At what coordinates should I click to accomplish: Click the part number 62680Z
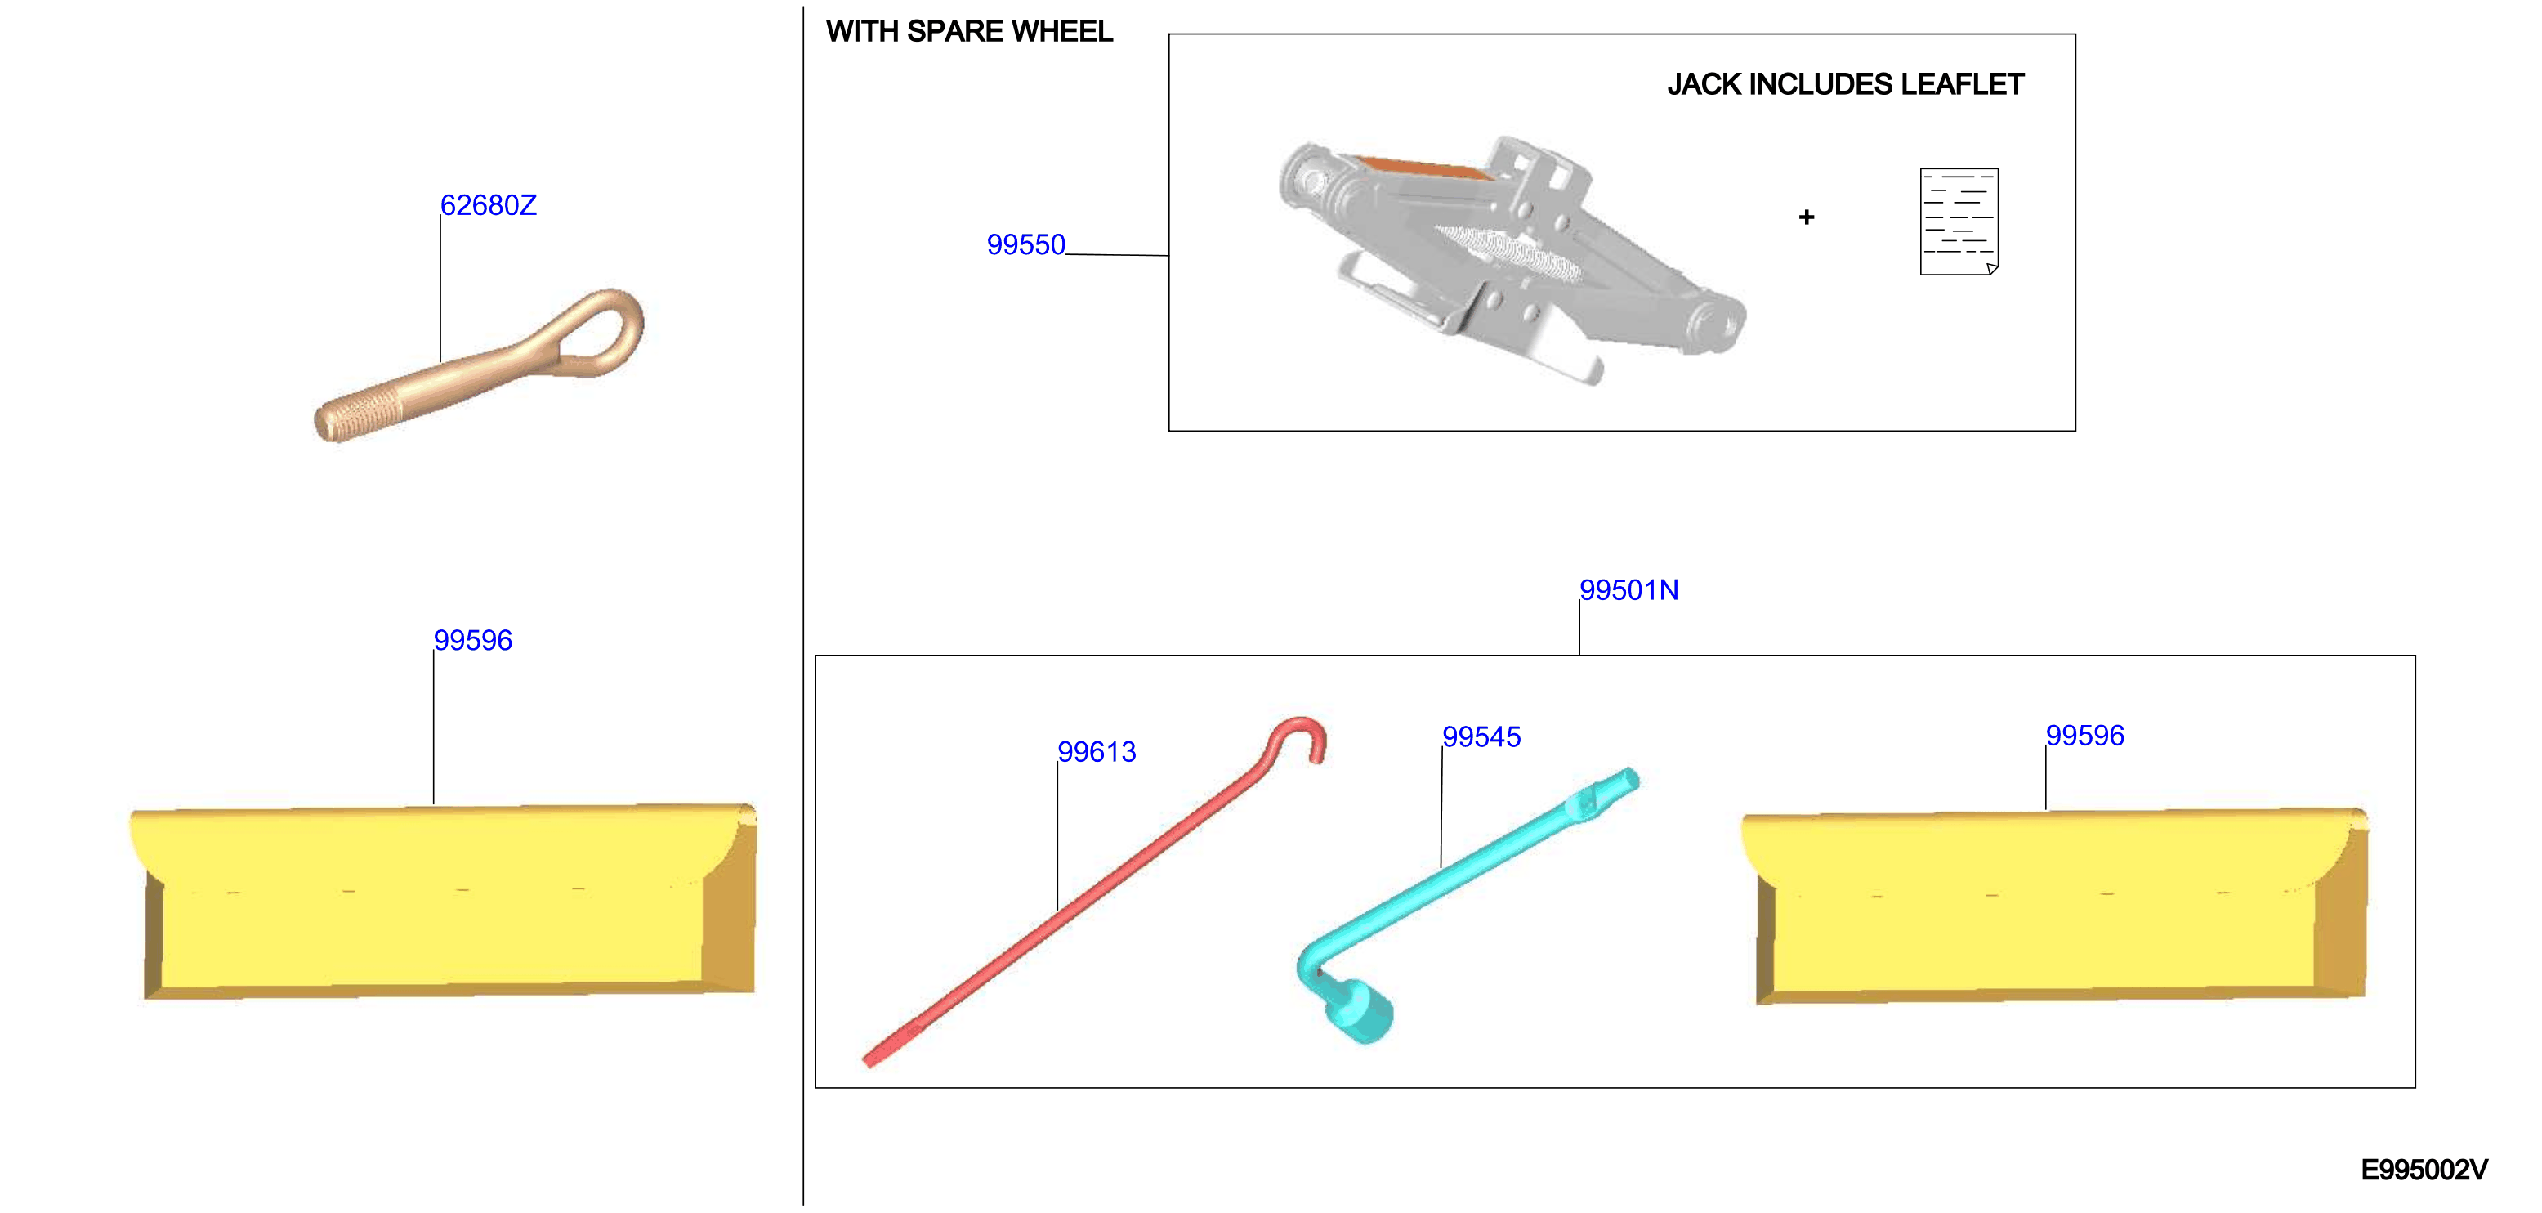[x=489, y=205]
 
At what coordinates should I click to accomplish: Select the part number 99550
[x=1026, y=244]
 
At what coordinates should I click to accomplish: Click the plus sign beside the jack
[x=1806, y=217]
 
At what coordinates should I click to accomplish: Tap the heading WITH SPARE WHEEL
[x=969, y=32]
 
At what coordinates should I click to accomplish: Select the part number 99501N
[x=1629, y=590]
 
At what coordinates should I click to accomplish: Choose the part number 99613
[x=1097, y=752]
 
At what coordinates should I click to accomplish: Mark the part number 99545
[x=1481, y=737]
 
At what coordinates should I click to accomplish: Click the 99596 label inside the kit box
[x=2084, y=736]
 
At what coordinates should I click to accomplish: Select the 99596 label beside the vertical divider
[x=472, y=641]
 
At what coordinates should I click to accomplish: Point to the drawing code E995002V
[x=2424, y=1170]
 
